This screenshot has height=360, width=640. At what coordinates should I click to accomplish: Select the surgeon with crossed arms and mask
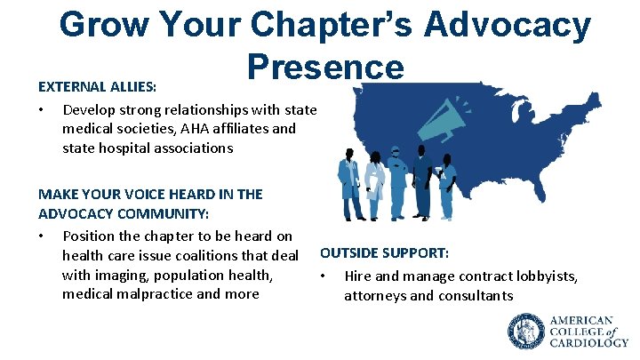tap(399, 182)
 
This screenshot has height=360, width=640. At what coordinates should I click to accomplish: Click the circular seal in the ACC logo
tap(525, 331)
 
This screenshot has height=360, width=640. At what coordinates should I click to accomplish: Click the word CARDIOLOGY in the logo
tap(588, 342)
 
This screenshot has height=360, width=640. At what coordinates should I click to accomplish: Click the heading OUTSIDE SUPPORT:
tap(384, 253)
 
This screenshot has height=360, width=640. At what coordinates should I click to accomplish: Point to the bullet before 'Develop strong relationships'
tap(42, 111)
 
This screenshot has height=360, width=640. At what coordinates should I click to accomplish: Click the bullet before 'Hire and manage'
tap(324, 276)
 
